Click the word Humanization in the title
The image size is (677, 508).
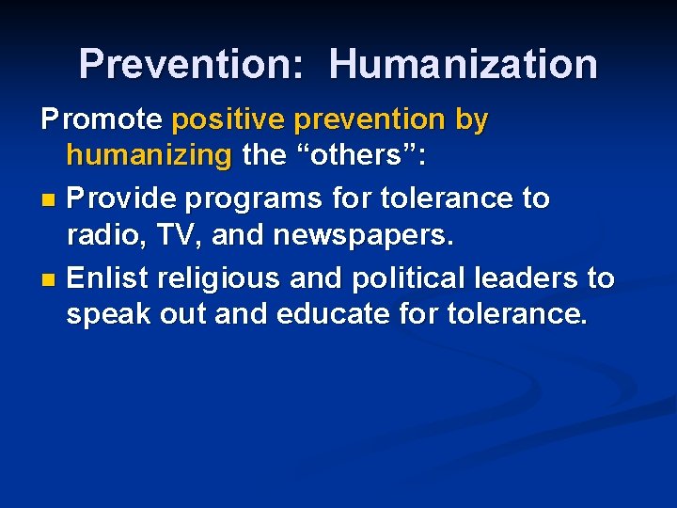(x=463, y=64)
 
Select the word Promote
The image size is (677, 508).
(x=102, y=120)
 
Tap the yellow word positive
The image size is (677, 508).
(x=228, y=120)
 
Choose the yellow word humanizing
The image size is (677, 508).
(x=149, y=154)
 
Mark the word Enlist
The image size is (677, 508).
(x=108, y=278)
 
